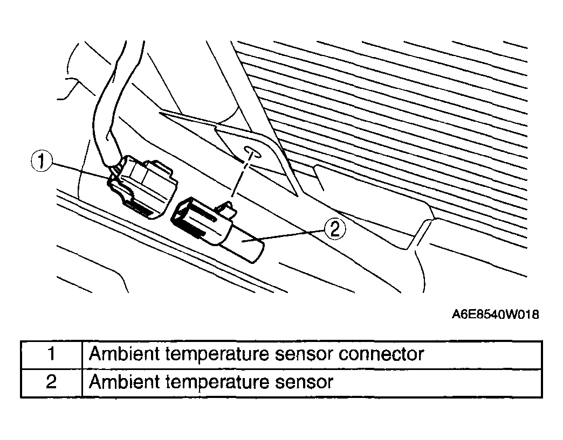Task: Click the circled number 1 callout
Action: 42,161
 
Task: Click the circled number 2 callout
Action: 335,228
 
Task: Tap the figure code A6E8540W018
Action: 495,315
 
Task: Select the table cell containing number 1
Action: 51,355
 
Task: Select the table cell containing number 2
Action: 51,382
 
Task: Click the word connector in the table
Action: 381,354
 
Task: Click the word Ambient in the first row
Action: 124,354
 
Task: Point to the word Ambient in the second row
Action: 124,381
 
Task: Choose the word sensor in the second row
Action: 304,382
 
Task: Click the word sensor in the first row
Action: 304,355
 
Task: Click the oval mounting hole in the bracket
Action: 252,152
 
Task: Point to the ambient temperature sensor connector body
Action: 143,186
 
